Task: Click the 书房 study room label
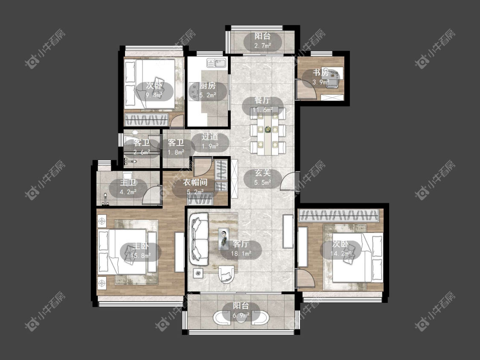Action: [x=320, y=73]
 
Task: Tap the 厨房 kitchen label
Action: [x=208, y=86]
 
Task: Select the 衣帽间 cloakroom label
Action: [x=195, y=183]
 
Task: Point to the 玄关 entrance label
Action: [x=263, y=173]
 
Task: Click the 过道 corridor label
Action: [x=210, y=136]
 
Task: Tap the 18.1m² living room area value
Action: [x=241, y=253]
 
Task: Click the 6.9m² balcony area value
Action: [x=241, y=315]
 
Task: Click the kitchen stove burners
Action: [x=194, y=92]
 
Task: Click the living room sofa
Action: [x=199, y=239]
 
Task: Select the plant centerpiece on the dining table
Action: [x=268, y=130]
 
